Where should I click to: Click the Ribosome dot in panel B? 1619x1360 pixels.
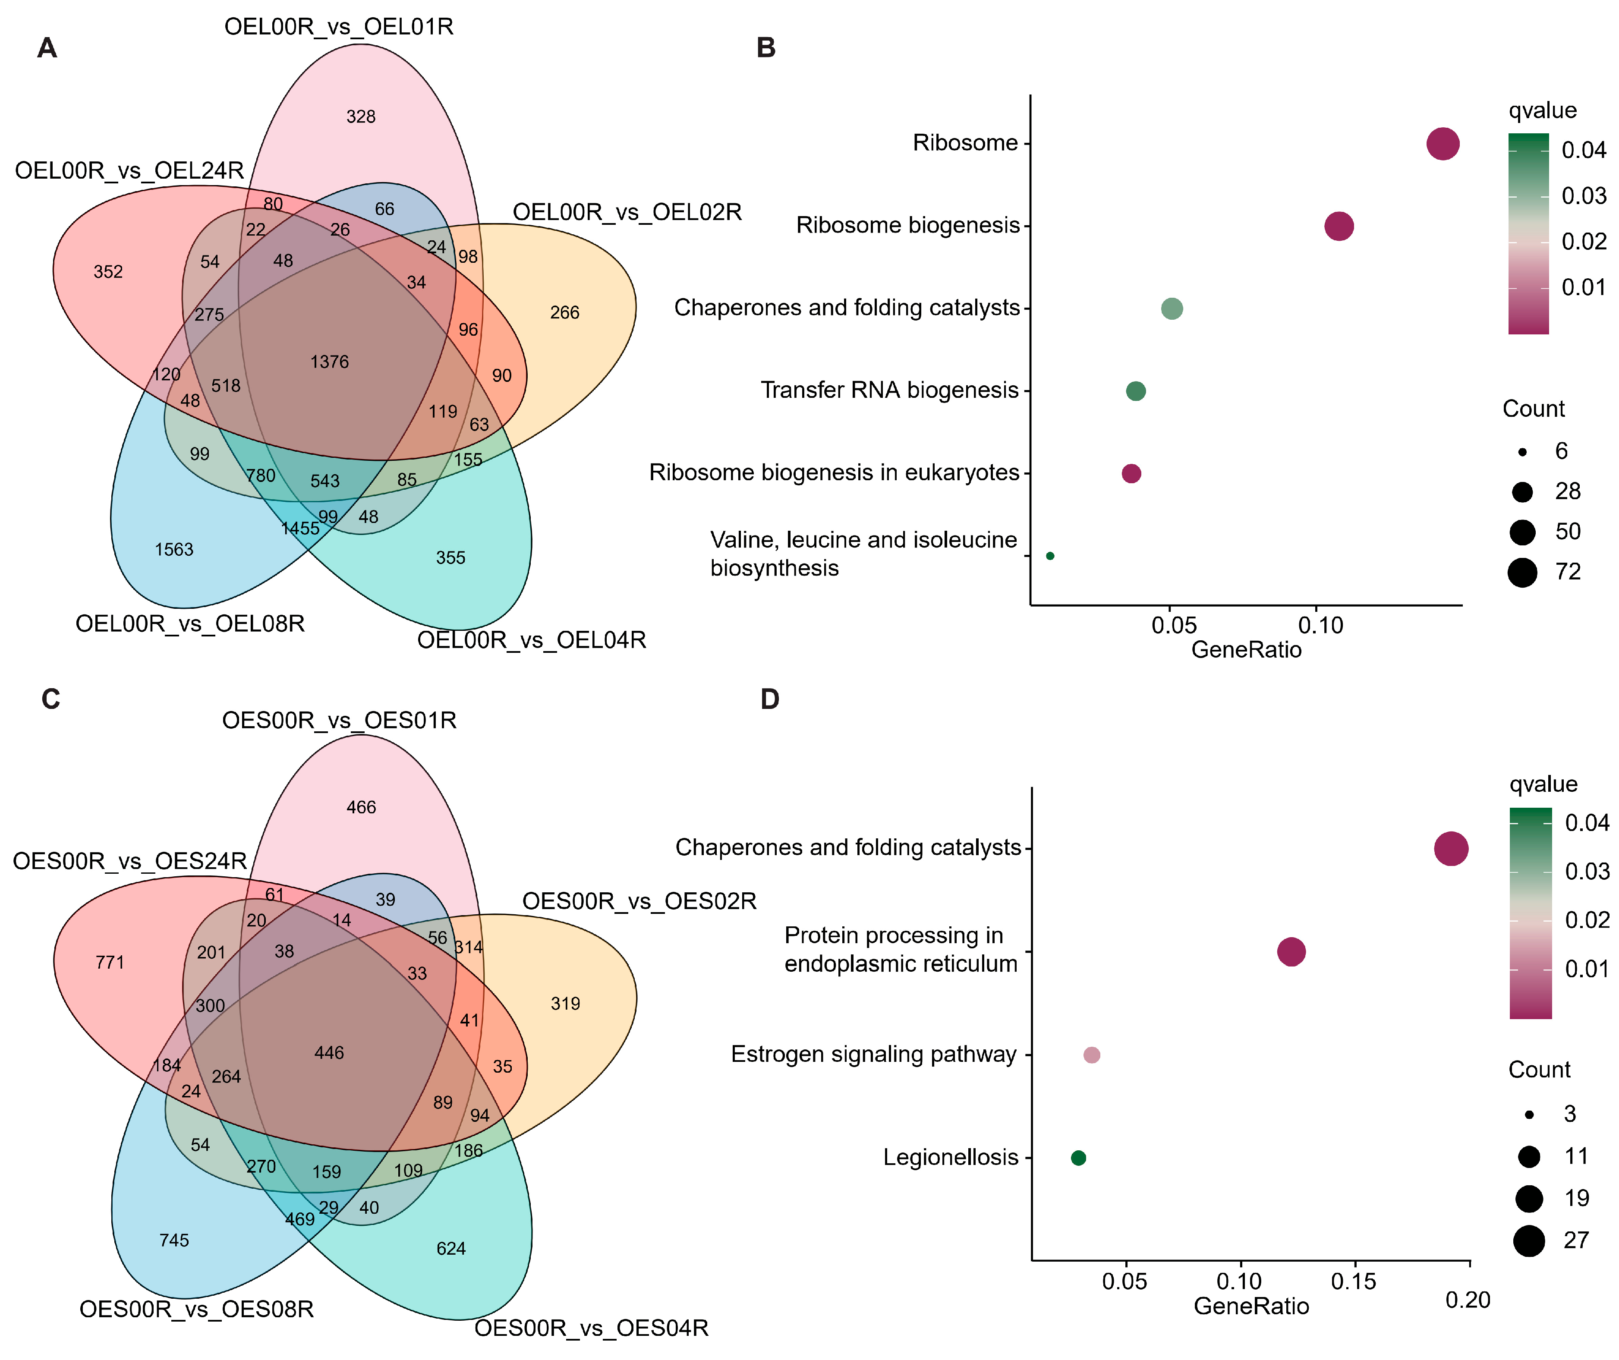pyautogui.click(x=1443, y=143)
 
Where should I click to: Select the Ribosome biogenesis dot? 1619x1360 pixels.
pyautogui.click(x=1339, y=226)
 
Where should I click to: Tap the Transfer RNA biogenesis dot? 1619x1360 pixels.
pyautogui.click(x=1136, y=391)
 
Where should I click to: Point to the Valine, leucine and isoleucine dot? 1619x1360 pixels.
pyautogui.click(x=1050, y=556)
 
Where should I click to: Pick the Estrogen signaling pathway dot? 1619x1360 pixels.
pyautogui.click(x=1092, y=1055)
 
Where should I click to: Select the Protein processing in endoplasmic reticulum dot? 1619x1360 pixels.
pyautogui.click(x=1291, y=951)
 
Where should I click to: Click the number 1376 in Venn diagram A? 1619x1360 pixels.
pyautogui.click(x=329, y=362)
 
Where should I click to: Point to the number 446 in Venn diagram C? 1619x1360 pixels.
pyautogui.click(x=329, y=1052)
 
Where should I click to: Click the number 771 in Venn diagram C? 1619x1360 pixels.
pyautogui.click(x=110, y=962)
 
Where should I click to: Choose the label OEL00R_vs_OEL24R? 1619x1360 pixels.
pyautogui.click(x=129, y=170)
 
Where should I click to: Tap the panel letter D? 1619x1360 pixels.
pyautogui.click(x=769, y=699)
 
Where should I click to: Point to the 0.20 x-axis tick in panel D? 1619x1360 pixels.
pyautogui.click(x=1468, y=1300)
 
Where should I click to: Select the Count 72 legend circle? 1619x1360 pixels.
pyautogui.click(x=1523, y=572)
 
